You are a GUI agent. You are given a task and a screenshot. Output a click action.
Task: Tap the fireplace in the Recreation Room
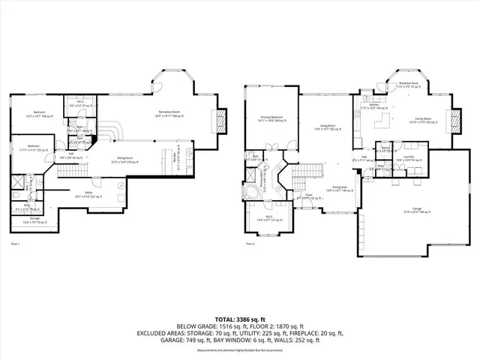[x=220, y=119]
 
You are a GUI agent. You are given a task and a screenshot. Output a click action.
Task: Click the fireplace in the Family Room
[x=452, y=121]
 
